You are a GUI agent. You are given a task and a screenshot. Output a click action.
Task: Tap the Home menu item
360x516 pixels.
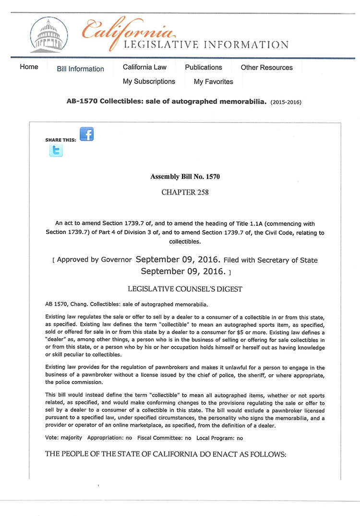point(29,67)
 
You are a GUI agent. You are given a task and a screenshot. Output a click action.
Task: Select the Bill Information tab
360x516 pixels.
point(80,69)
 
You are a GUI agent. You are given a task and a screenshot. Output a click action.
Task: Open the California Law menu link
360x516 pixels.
point(144,67)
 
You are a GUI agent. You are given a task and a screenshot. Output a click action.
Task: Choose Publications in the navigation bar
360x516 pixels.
point(204,67)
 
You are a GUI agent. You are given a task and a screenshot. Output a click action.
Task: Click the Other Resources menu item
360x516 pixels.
point(266,67)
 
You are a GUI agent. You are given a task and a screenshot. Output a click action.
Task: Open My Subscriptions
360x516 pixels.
point(149,81)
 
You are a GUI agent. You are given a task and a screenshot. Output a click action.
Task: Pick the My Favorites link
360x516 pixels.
point(213,82)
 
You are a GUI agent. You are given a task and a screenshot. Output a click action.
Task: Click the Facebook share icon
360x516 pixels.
point(86,134)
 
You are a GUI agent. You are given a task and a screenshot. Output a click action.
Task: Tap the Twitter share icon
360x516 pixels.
point(56,151)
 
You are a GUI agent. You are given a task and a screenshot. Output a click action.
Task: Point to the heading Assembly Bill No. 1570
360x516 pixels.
point(185,177)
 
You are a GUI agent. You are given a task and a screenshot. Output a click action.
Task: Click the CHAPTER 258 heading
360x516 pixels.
point(185,192)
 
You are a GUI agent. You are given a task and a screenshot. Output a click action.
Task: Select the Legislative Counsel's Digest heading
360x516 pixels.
point(185,289)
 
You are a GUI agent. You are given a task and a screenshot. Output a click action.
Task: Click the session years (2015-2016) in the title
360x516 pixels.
point(286,102)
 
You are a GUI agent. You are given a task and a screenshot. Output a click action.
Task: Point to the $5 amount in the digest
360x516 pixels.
point(249,333)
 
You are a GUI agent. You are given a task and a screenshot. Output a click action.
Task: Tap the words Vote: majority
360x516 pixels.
point(63,438)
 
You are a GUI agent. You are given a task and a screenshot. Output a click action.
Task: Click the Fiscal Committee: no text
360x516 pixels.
point(164,438)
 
